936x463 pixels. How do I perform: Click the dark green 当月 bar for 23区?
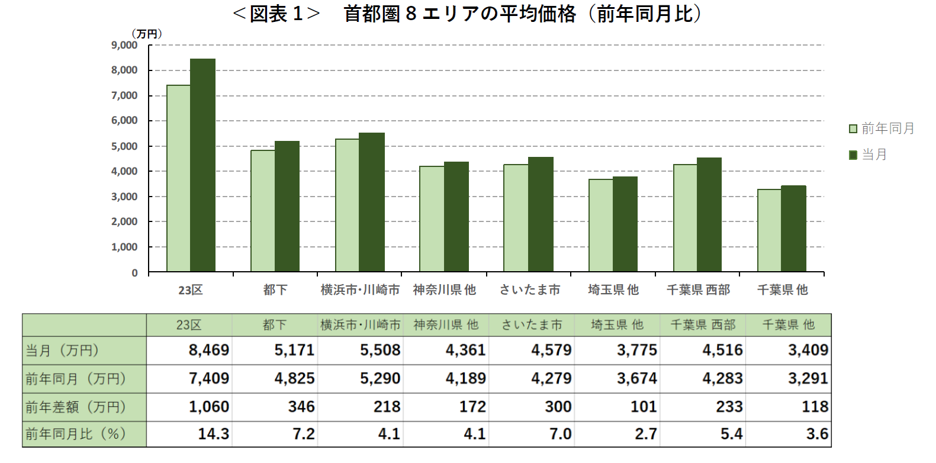pyautogui.click(x=202, y=166)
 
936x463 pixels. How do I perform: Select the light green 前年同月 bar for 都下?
pyautogui.click(x=262, y=211)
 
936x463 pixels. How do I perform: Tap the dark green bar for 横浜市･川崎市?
pyautogui.click(x=372, y=202)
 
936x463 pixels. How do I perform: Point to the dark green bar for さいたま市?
pyautogui.click(x=541, y=214)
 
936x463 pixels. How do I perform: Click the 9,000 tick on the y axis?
pyautogui.click(x=124, y=45)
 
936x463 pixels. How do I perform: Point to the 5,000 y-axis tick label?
pyautogui.click(x=124, y=146)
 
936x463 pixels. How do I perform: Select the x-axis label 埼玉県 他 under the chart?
pyautogui.click(x=613, y=290)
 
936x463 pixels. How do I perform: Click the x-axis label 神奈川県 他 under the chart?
pyautogui.click(x=445, y=290)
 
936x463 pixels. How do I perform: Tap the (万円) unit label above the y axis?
pyautogui.click(x=146, y=34)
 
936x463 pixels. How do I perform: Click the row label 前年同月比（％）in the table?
pyautogui.click(x=76, y=434)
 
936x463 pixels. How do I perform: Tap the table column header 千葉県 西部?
pyautogui.click(x=703, y=325)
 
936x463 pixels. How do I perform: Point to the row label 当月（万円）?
pyautogui.click(x=63, y=351)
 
